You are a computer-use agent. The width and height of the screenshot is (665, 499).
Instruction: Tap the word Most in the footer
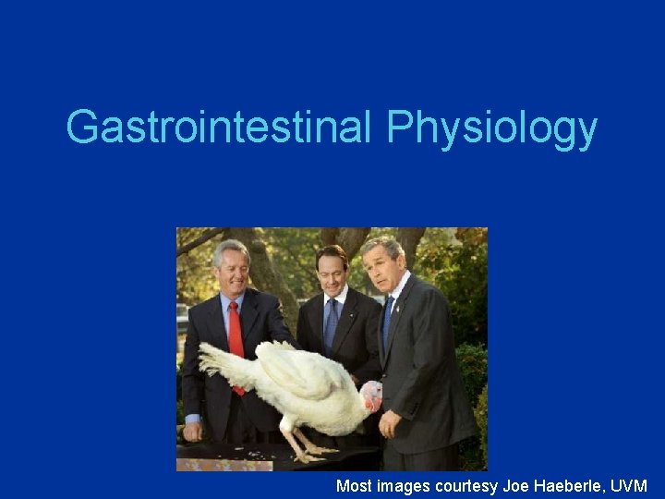point(355,485)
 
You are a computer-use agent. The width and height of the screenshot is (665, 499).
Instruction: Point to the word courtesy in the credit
point(469,485)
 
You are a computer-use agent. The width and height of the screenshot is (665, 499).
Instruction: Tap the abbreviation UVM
point(630,485)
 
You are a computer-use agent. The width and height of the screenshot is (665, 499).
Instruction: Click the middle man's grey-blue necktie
point(332,323)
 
